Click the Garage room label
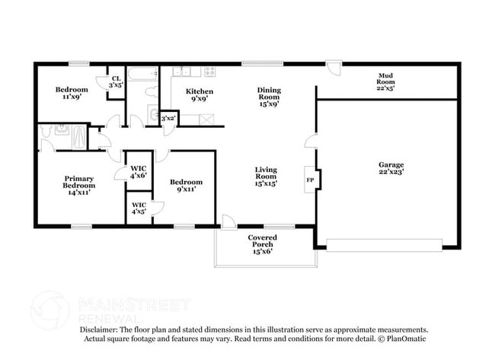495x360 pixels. (x=391, y=168)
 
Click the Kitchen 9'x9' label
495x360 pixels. (x=202, y=95)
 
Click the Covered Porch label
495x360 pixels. (x=262, y=244)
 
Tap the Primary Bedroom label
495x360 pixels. (x=79, y=185)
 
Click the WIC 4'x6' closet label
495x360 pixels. (x=139, y=172)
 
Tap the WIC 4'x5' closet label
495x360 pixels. (x=139, y=208)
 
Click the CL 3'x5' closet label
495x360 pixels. (x=116, y=81)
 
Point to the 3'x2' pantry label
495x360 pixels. (x=168, y=118)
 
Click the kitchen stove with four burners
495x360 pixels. (x=209, y=72)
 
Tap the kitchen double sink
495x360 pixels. (x=181, y=72)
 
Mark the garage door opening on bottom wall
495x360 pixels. (x=384, y=244)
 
